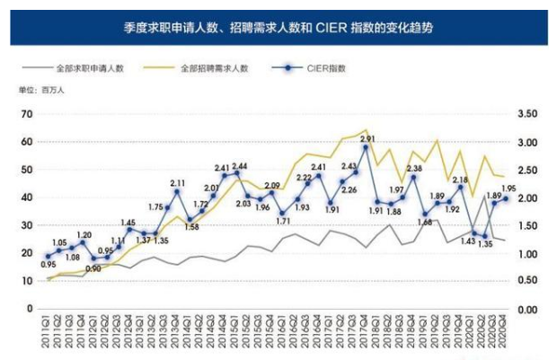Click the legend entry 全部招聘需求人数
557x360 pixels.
[214, 68]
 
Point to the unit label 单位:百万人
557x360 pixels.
[37, 91]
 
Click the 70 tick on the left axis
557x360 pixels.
[28, 114]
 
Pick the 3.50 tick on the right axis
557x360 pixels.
[527, 114]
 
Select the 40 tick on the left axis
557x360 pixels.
[28, 198]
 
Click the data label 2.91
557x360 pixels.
[368, 139]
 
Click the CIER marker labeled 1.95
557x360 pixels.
[506, 199]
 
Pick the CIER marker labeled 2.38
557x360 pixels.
[413, 177]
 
